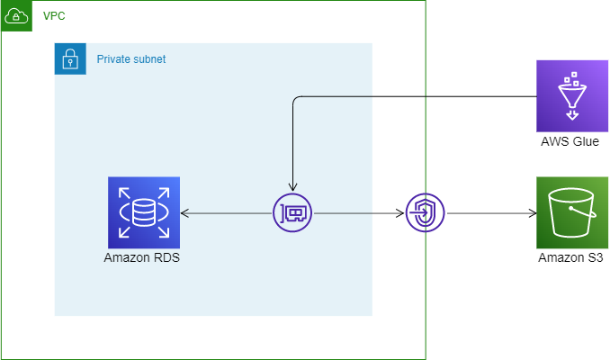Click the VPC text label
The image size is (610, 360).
(54, 17)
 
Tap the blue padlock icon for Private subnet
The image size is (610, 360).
(70, 59)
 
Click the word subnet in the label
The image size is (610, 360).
(149, 59)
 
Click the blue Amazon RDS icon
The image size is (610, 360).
(144, 212)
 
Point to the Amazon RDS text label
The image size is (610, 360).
(144, 258)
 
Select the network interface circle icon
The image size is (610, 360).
(292, 213)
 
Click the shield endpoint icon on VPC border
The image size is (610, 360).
(425, 213)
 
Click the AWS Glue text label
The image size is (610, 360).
(570, 141)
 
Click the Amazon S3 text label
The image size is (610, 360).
(570, 258)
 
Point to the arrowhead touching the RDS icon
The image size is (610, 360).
(184, 213)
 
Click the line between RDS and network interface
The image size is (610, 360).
(229, 213)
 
